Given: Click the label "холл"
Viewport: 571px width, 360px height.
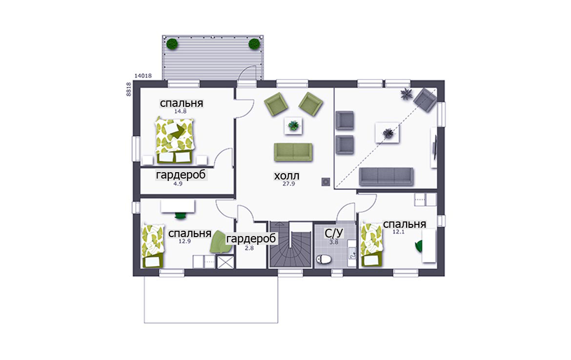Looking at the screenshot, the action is pos(286,176).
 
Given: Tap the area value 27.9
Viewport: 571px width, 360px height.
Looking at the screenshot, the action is pos(289,184).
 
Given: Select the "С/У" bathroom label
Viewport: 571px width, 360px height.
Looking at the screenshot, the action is pos(334,233).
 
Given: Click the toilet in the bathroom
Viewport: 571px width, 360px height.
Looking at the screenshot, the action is pos(324,259).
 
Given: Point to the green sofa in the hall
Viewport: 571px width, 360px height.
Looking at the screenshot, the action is pos(293,152).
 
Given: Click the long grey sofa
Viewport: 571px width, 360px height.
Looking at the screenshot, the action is pos(387,177).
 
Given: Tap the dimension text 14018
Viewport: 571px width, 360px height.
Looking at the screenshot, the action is pos(143,76).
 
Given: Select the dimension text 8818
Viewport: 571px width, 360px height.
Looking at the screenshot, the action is pos(128,89).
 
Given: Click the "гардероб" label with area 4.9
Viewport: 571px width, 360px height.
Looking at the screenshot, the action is pos(181,175).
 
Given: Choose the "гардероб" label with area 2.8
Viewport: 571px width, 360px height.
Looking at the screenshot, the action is pos(251,239).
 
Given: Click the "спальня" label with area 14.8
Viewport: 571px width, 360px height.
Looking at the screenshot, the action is pos(182,103).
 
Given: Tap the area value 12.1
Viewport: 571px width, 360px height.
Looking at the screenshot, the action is pos(398,232).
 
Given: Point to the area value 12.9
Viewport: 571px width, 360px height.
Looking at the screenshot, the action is pos(184,241).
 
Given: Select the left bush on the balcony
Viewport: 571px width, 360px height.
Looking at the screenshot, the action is pos(172,44).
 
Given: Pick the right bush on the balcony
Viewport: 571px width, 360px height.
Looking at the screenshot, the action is pos(254,44).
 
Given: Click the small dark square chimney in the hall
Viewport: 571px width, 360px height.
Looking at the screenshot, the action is pos(326,181).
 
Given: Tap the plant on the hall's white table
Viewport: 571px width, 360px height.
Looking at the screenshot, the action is pos(293,126).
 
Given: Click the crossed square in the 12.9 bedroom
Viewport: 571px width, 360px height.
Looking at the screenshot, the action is pos(225,262).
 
